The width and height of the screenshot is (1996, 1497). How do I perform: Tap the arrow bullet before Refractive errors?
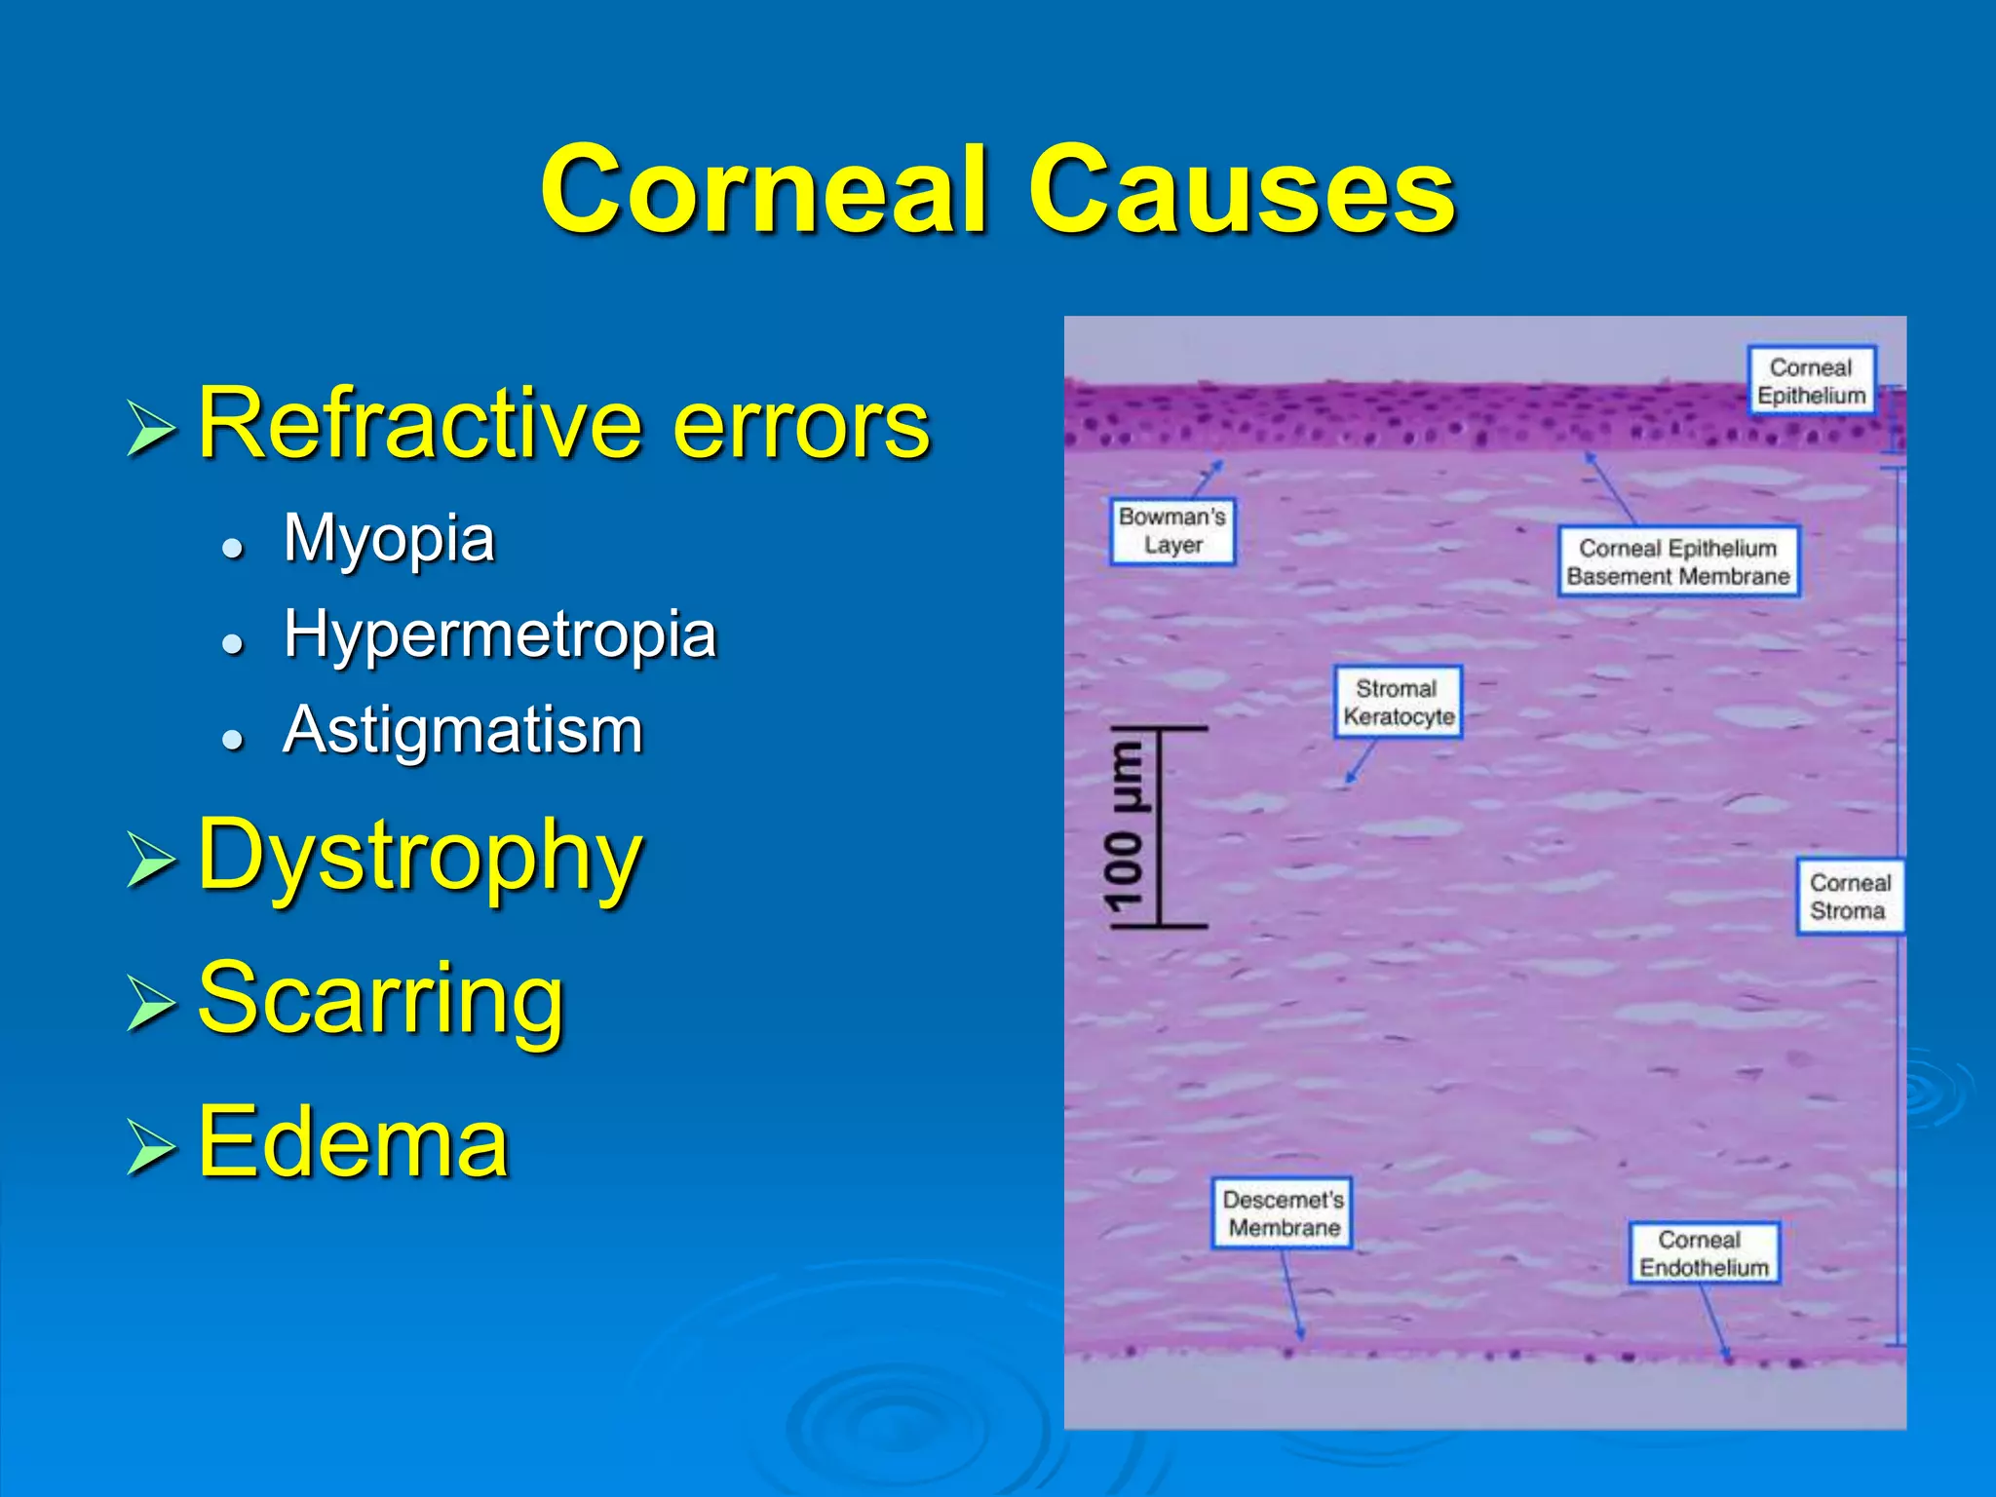coord(151,428)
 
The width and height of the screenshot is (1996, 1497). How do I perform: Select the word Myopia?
coord(389,538)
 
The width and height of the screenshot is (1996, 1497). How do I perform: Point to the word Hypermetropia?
coord(500,634)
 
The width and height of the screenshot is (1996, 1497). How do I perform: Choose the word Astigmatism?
coord(463,730)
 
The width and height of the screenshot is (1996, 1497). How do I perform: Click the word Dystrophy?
coord(420,856)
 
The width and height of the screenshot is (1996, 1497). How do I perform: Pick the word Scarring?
coord(381,999)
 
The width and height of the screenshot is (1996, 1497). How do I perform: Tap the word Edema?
coord(353,1142)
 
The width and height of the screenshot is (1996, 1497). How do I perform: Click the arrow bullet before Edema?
coord(151,1146)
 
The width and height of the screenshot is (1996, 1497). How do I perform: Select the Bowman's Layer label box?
coord(1172,531)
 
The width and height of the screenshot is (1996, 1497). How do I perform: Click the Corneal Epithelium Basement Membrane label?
coord(1677,562)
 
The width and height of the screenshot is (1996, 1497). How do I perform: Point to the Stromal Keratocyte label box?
coord(1398,702)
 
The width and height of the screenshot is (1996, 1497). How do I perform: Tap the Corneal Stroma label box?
coord(1849,897)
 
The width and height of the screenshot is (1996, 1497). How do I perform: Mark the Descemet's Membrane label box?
coord(1283,1213)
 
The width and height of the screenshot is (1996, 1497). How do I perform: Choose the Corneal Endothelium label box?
coord(1704,1253)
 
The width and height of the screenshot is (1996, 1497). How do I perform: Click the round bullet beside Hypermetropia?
coord(231,642)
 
